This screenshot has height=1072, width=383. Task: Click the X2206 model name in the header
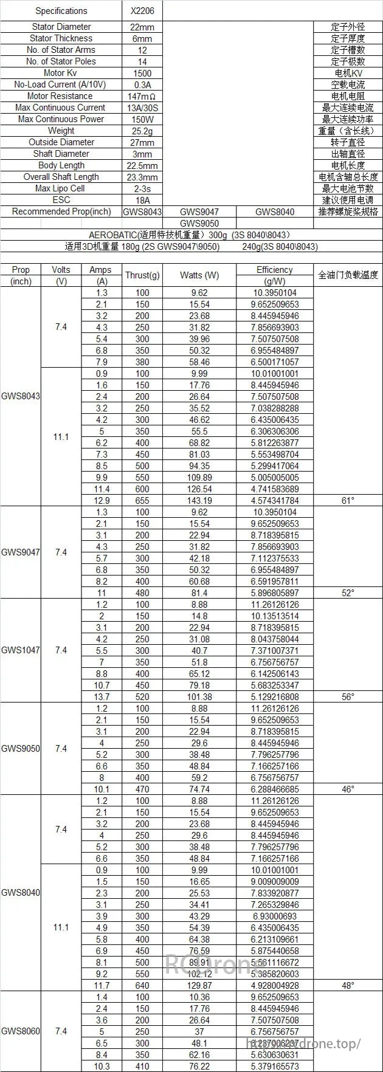coord(142,11)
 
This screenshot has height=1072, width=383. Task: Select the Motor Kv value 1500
coord(142,73)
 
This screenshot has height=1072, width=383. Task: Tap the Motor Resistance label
coord(60,96)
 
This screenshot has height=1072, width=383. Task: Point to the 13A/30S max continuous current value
coord(142,108)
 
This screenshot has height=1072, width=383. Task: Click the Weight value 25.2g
coord(142,131)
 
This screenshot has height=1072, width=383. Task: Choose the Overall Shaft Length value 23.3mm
coord(142,177)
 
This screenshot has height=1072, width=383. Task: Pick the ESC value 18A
coord(142,200)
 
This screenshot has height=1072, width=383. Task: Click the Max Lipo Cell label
coord(60,188)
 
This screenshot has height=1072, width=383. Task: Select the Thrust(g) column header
coord(142,275)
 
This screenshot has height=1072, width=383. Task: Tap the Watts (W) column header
coord(199,275)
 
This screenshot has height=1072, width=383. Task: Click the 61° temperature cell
coord(348,500)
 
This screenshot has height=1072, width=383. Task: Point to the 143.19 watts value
coord(199,500)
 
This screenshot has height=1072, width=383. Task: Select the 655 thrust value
coord(142,500)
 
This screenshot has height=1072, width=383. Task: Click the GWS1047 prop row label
coord(21,650)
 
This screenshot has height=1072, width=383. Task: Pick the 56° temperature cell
coord(348,696)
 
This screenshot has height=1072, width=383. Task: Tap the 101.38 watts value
coord(199,696)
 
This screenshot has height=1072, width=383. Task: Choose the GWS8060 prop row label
coord(21,1031)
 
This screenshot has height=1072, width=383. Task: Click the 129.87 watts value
coord(199,985)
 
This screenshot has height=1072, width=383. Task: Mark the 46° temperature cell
coord(348,789)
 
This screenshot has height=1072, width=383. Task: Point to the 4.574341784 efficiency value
coord(275,500)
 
